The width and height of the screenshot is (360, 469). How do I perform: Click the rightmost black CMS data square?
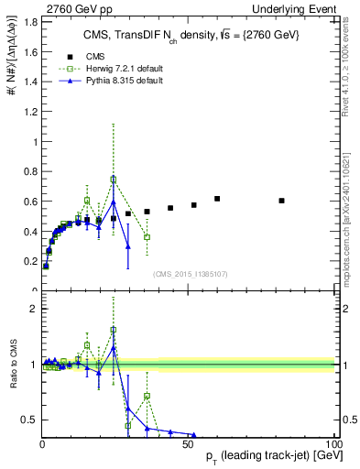click(281, 201)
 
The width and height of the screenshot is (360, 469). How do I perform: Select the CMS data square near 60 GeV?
click(217, 199)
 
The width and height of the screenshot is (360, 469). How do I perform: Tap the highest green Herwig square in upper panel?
click(114, 180)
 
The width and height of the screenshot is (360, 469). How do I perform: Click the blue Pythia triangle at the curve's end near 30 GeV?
click(128, 246)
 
